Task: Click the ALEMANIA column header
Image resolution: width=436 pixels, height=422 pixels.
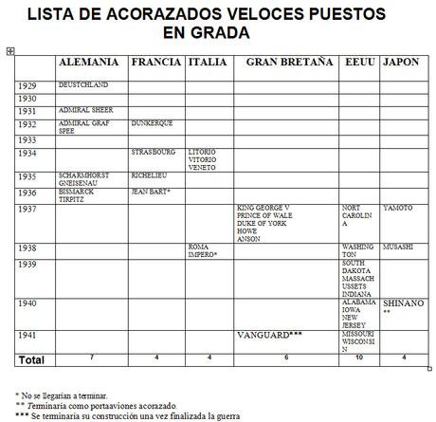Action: tap(89, 62)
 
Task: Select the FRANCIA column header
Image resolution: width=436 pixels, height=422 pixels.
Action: tap(155, 62)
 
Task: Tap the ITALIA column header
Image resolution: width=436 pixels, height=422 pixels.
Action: tap(206, 62)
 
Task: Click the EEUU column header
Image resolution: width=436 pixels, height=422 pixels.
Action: tap(359, 62)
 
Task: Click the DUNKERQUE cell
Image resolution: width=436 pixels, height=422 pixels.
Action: tap(153, 123)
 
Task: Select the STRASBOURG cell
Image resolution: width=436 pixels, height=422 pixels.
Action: tap(154, 152)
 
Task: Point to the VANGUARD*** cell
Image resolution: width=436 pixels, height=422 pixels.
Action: tap(269, 335)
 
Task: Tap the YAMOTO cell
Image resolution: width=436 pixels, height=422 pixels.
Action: tap(397, 208)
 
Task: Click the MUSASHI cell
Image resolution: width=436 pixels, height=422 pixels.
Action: tap(398, 247)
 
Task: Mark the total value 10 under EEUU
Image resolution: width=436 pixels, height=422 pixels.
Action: tap(359, 358)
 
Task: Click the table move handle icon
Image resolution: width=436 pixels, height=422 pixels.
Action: tap(9, 50)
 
